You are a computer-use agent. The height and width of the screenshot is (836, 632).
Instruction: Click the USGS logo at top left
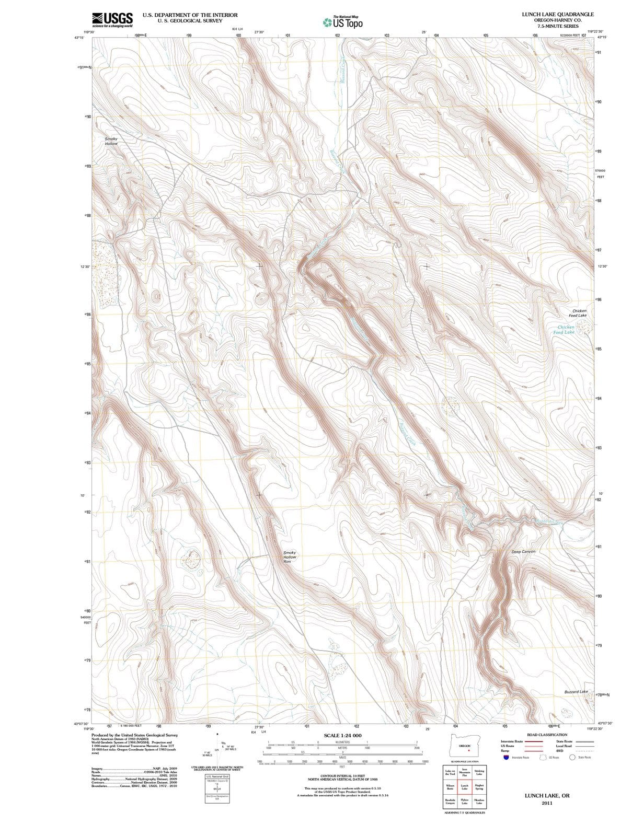(112, 20)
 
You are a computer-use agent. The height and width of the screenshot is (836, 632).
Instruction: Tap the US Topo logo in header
(343, 22)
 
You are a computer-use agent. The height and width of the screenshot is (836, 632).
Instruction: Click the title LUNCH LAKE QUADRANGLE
(557, 14)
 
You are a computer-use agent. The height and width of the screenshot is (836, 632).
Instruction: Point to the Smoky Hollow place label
(111, 141)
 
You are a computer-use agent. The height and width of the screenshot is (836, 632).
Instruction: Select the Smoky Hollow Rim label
(290, 557)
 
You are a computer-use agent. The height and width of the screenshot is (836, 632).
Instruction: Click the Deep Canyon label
(523, 551)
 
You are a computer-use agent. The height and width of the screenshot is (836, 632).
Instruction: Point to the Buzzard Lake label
(576, 691)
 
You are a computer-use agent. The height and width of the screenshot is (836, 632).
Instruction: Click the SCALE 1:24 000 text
(342, 735)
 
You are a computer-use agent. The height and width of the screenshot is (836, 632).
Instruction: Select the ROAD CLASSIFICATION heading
(547, 735)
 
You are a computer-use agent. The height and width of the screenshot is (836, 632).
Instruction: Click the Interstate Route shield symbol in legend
(505, 757)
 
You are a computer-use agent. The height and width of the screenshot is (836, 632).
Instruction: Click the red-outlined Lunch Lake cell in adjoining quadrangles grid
(464, 787)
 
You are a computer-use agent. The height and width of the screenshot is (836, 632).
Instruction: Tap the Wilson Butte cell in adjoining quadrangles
(450, 787)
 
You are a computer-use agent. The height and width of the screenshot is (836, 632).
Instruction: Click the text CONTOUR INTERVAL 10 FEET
(342, 775)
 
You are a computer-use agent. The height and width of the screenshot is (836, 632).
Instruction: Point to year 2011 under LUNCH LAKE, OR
(547, 803)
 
